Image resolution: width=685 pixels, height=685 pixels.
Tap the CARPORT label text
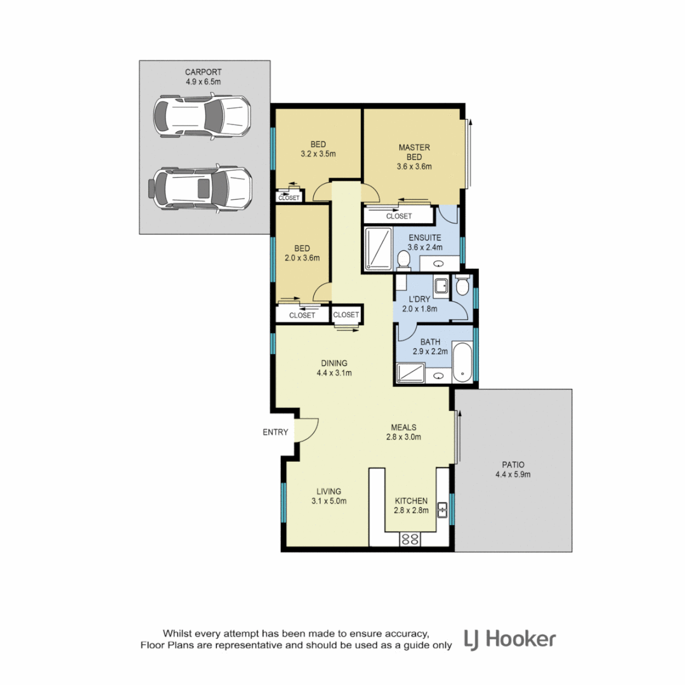(x=204, y=72)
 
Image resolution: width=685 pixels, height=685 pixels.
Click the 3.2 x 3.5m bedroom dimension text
(x=318, y=153)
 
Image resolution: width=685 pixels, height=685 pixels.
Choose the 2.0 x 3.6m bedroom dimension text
(x=302, y=258)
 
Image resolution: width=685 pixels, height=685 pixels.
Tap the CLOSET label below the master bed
(x=399, y=216)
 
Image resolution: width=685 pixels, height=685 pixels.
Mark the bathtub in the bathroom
(x=463, y=363)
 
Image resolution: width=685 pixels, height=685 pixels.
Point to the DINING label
(x=334, y=363)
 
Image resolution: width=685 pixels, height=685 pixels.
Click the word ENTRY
(x=275, y=433)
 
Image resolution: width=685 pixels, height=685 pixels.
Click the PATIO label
(x=513, y=464)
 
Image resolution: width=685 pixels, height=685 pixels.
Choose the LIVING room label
(x=329, y=491)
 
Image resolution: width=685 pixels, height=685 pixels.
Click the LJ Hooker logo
(x=510, y=639)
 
